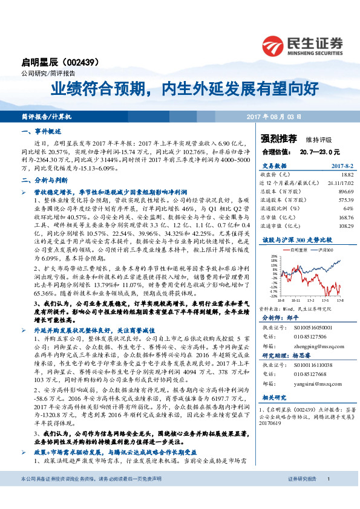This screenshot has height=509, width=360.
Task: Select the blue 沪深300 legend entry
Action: pos(324,248)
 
